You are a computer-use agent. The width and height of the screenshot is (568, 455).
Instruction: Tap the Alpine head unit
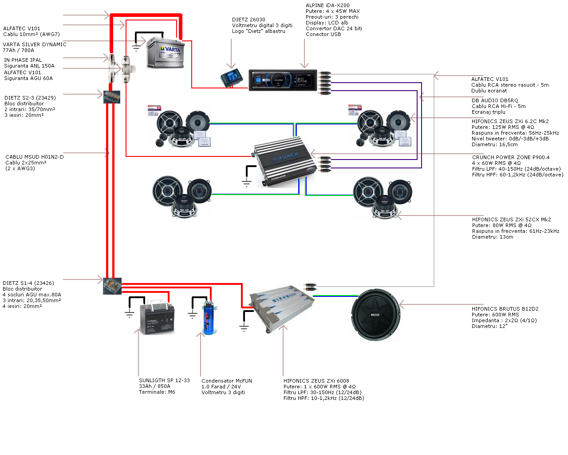(283, 80)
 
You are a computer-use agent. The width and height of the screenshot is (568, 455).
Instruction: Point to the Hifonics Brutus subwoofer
(375, 315)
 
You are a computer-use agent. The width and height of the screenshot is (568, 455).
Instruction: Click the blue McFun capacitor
(208, 317)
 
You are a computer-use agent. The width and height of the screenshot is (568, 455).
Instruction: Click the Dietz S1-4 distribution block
(112, 286)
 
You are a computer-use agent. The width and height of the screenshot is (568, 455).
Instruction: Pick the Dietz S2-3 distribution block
(112, 97)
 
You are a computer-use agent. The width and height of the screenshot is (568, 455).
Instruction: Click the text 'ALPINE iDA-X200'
(327, 5)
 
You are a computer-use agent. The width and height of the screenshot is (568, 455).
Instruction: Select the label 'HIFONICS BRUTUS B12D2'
(505, 309)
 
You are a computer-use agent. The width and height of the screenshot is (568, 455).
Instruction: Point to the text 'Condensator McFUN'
(226, 381)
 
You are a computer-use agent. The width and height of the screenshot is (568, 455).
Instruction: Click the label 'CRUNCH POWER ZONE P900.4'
(511, 157)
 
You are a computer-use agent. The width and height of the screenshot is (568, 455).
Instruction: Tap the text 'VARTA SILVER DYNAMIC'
(35, 44)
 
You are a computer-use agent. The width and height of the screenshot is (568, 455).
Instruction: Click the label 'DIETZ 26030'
(248, 20)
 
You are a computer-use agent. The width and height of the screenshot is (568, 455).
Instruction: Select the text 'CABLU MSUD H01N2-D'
(35, 157)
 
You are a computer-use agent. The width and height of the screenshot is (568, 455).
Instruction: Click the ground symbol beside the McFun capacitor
(192, 315)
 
